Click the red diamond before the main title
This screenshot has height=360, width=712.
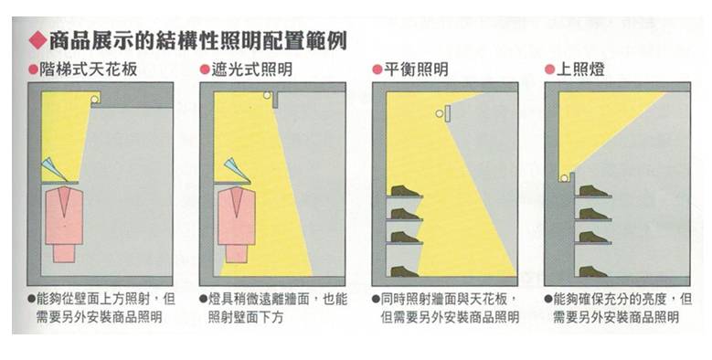tap(35, 40)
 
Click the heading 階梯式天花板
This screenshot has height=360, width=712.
tap(89, 69)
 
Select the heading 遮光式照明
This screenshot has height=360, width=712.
tap(250, 69)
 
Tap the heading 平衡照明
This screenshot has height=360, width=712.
tap(416, 69)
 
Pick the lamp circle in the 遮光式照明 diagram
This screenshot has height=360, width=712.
tap(266, 96)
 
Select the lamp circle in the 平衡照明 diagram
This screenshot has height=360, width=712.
tap(440, 114)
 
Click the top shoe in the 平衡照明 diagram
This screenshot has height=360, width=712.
tap(403, 191)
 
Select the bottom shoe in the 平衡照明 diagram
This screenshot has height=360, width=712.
tap(403, 270)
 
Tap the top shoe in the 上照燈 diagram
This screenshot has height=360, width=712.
tap(593, 191)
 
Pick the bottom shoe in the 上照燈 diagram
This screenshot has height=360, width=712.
tap(593, 270)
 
